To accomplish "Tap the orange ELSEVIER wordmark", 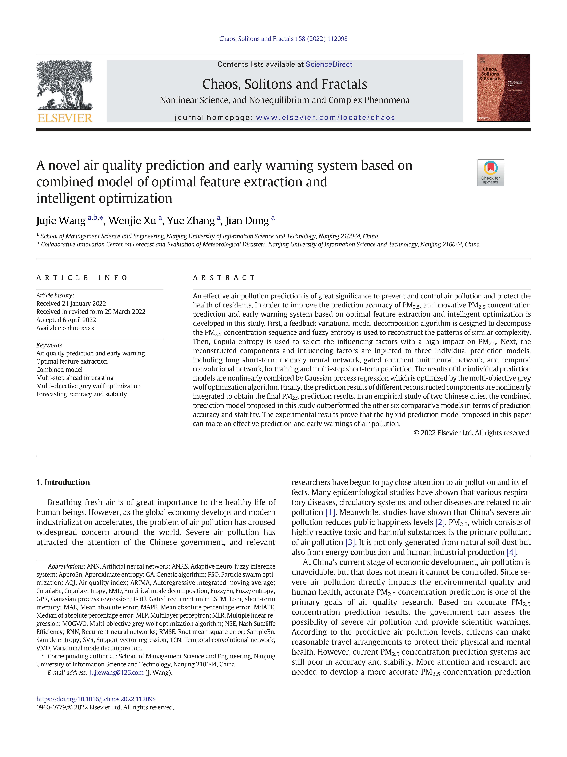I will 65,118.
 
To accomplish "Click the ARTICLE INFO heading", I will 82,278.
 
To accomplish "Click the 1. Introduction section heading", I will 63,482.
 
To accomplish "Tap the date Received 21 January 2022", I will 71,304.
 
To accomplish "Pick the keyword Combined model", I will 59,370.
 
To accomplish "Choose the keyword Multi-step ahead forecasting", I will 75,378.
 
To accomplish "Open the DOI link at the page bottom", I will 96,699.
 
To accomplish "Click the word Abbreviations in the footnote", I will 66,566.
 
